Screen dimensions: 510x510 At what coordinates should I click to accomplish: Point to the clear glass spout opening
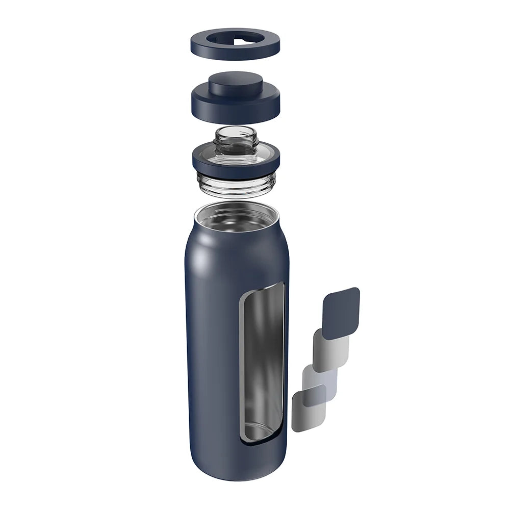click(235, 134)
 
